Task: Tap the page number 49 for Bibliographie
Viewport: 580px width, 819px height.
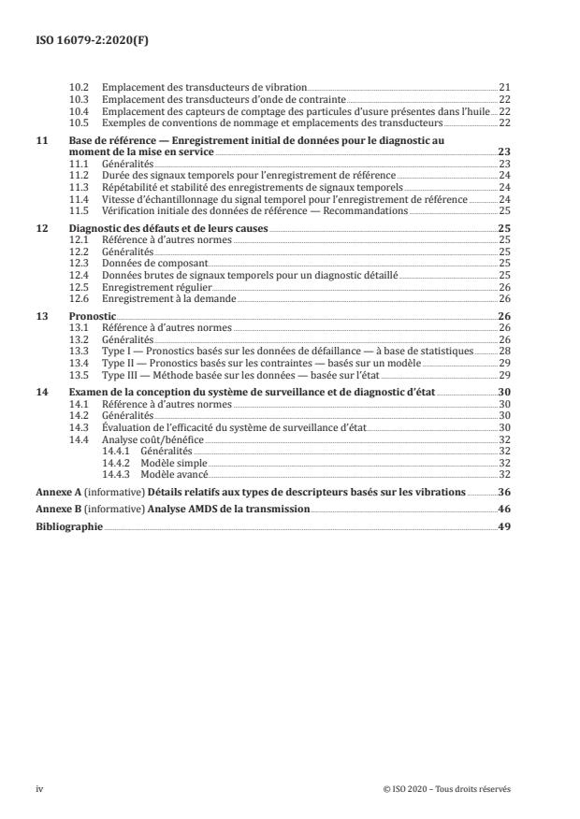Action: click(505, 527)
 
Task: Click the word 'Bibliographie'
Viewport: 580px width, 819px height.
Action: click(70, 527)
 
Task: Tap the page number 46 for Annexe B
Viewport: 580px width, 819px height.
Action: click(505, 510)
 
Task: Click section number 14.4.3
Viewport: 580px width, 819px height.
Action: click(116, 475)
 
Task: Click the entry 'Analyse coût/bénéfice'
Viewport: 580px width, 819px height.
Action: click(145, 438)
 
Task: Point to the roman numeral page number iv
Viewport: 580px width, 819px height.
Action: click(40, 788)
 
